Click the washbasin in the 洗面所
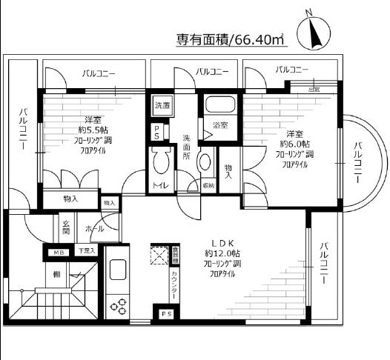pos(205,159)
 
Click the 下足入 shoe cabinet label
pos(87,252)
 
